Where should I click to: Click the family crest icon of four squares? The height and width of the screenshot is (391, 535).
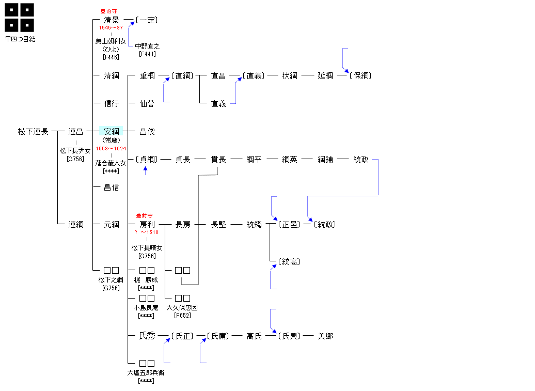click(20, 17)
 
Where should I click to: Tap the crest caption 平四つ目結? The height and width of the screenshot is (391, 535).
click(20, 39)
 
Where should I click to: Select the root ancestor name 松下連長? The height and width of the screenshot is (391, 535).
click(33, 132)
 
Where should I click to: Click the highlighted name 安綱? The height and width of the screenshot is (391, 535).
click(112, 132)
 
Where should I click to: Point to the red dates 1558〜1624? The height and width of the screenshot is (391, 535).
click(111, 149)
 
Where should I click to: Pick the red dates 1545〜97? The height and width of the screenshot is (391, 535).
click(111, 27)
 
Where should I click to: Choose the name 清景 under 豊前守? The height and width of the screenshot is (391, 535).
click(112, 20)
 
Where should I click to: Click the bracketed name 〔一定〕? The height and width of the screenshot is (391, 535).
click(147, 20)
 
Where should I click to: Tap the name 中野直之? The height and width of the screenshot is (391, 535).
click(147, 46)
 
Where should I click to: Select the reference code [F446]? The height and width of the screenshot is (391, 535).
click(111, 57)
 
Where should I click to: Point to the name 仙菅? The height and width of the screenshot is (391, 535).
click(147, 104)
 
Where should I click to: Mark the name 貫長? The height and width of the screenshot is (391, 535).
click(218, 160)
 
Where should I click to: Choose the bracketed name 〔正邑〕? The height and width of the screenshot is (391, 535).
click(289, 225)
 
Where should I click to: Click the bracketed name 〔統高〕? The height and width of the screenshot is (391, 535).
click(289, 262)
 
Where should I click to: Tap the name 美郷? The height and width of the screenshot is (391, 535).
click(325, 336)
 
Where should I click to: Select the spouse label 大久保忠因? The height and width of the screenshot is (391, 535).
click(182, 308)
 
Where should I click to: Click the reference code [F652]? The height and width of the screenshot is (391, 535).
click(182, 316)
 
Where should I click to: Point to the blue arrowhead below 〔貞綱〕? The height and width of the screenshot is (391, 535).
click(146, 168)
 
